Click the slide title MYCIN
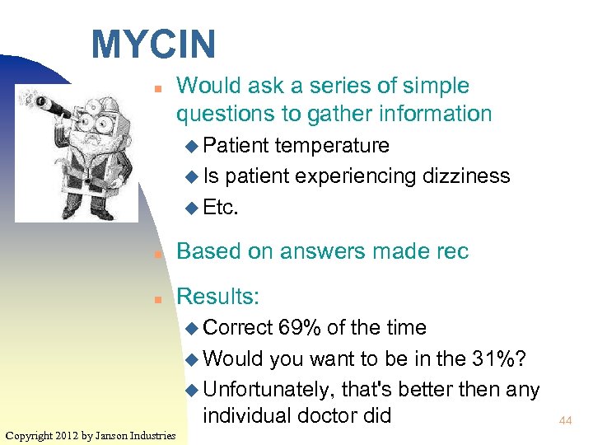[153, 44]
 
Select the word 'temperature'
[332, 146]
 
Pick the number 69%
[300, 328]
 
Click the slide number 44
[565, 420]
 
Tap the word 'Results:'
[218, 297]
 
